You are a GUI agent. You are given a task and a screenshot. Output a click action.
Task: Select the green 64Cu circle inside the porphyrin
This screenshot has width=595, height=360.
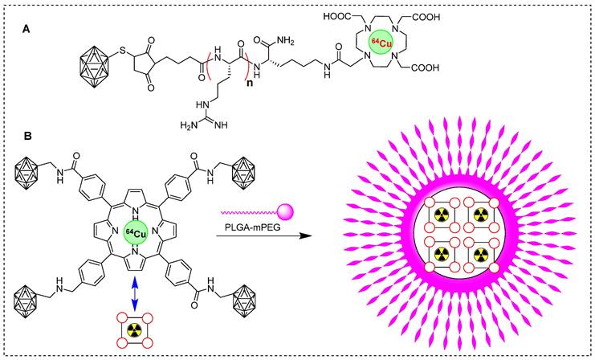tap(137, 234)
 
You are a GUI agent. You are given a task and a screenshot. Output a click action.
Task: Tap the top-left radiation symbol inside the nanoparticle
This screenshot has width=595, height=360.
tap(440, 215)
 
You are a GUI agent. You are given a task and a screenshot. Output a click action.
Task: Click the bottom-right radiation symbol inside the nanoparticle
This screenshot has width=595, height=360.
tap(480, 256)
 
